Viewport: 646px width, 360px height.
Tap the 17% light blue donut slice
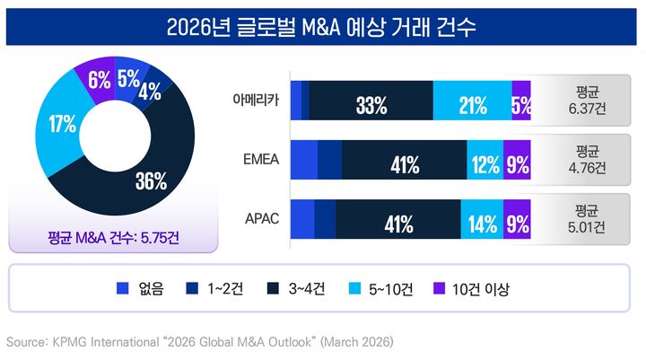(x=63, y=126)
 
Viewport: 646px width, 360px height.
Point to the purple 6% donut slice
(x=98, y=79)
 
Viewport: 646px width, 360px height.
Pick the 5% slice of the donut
(x=127, y=78)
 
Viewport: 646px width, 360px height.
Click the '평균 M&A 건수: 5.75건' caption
(x=113, y=239)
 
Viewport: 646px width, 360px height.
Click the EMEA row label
(x=261, y=160)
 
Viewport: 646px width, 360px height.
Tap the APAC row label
(x=262, y=219)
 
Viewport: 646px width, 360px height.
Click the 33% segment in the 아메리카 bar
(x=371, y=106)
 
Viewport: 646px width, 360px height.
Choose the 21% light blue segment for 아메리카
(x=472, y=106)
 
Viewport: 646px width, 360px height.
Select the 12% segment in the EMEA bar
(x=484, y=165)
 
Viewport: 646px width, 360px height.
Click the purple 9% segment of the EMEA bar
(x=516, y=165)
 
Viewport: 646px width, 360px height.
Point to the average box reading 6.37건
(x=587, y=100)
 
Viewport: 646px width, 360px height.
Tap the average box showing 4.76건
(x=587, y=159)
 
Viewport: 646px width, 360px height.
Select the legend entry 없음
(x=142, y=289)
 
